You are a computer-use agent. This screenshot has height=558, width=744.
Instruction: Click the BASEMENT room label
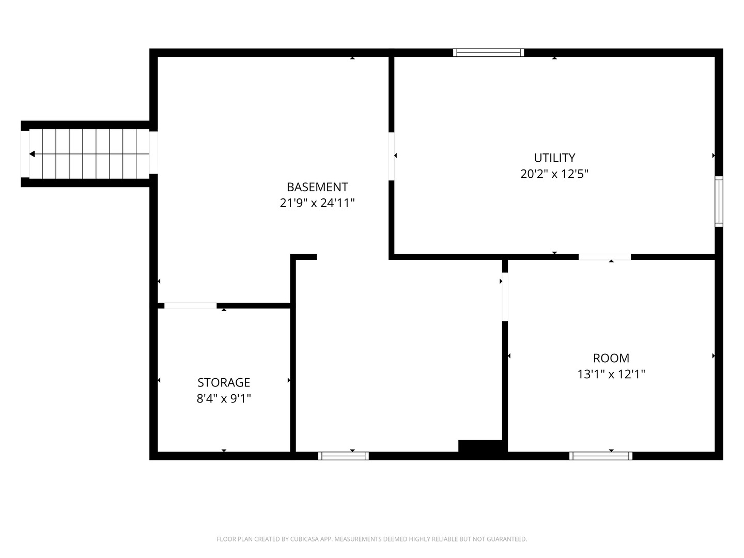point(317,187)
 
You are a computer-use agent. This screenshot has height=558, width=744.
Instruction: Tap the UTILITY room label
point(554,158)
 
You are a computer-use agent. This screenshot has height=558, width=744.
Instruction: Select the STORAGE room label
point(224,382)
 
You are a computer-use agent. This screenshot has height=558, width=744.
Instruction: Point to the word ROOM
point(611,358)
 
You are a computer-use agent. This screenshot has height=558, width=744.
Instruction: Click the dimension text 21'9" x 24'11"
point(317,203)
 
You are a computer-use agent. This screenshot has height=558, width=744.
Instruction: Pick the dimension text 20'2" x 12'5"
point(554,174)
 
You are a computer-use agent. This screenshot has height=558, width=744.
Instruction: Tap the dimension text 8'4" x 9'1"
point(224,398)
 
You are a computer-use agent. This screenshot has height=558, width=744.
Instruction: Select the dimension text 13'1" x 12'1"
point(611,374)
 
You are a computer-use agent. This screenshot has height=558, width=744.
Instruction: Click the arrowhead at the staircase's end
point(32,154)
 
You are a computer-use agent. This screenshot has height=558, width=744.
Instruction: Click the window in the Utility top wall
point(488,53)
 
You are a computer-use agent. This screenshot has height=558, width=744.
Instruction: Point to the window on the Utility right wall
point(719,202)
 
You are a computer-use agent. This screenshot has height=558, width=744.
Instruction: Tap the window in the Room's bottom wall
point(600,456)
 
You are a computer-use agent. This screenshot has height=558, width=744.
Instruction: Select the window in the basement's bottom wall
point(344,456)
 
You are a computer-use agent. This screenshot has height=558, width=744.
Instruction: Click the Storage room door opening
point(191,305)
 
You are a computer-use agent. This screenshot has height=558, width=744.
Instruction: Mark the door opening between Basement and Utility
point(391,156)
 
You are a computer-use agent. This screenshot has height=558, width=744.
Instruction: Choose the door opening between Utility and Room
point(605,257)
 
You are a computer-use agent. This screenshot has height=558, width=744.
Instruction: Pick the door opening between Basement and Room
point(505,297)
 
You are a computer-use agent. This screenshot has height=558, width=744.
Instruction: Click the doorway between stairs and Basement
point(153,152)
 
